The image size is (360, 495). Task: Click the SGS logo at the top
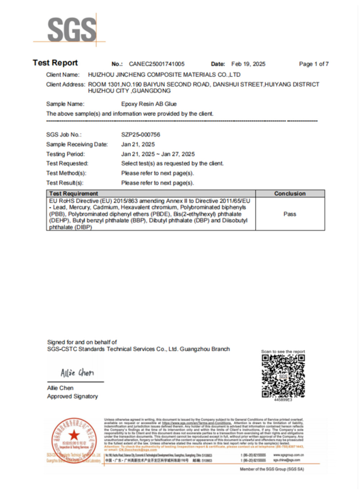click(72, 30)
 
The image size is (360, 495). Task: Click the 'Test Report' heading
click(55, 63)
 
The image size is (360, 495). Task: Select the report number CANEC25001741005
click(157, 64)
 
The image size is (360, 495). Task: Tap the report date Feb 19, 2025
click(248, 64)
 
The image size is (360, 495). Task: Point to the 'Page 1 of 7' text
click(314, 64)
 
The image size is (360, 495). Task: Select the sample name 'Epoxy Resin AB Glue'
click(149, 104)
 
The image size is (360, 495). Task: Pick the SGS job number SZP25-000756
click(140, 135)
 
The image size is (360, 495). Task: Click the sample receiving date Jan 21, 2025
click(138, 144)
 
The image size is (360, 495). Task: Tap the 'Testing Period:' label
click(66, 154)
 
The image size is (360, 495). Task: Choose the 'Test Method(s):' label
click(66, 173)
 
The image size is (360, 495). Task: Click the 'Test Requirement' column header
click(73, 193)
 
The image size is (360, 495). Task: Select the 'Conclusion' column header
click(290, 193)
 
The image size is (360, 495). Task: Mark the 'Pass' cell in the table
click(290, 214)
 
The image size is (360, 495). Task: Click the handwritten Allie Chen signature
click(77, 373)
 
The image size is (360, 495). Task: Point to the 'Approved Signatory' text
click(72, 396)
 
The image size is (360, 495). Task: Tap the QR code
click(283, 376)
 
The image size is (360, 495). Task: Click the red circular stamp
click(74, 440)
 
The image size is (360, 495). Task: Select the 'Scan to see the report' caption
click(283, 351)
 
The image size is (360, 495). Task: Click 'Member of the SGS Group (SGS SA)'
click(272, 469)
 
